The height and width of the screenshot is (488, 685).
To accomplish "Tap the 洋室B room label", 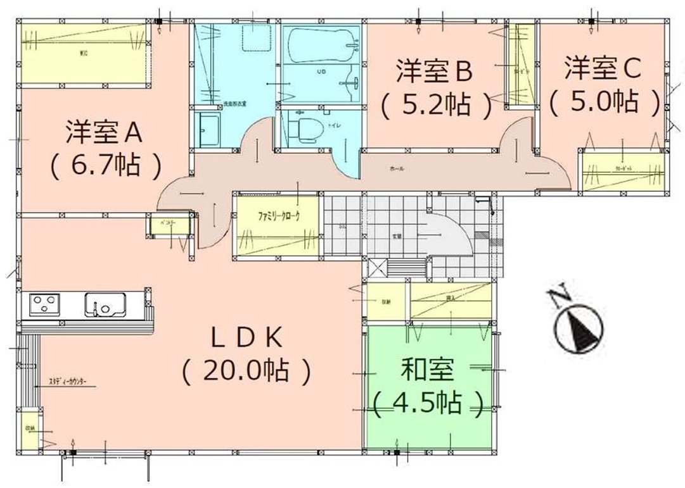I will tap(435, 70).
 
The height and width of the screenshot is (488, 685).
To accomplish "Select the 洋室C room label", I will tap(604, 68).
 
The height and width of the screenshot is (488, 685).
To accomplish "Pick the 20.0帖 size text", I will tap(246, 371).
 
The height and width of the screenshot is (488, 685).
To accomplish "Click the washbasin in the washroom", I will tap(207, 129).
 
